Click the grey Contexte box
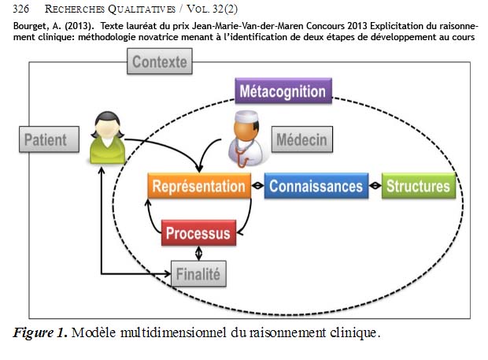coord(160,62)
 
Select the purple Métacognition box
coord(283,91)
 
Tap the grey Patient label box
coord(45,141)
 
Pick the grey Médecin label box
coord(301,140)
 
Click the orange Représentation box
coord(198,186)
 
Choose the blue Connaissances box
coord(316,186)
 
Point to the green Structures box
coord(418,186)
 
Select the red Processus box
coord(198,233)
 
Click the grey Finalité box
coord(199,275)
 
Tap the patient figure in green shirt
coord(105,139)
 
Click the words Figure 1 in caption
coord(40,332)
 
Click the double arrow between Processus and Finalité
coord(198,254)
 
